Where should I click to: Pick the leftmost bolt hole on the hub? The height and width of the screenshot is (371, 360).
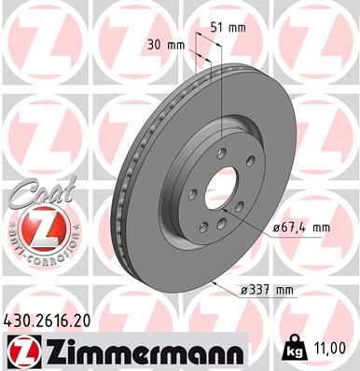click(190, 194)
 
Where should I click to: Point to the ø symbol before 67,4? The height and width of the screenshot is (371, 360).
click(277, 227)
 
